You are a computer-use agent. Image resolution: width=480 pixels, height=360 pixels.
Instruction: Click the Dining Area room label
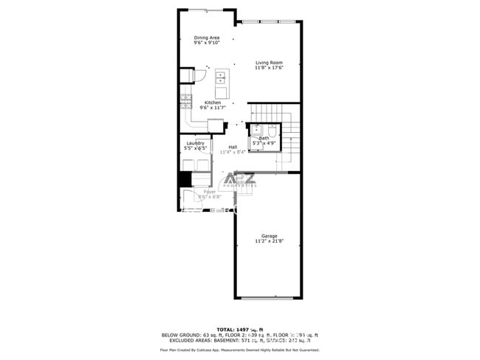[207, 38]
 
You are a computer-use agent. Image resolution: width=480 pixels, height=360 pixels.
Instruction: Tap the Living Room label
[269, 63]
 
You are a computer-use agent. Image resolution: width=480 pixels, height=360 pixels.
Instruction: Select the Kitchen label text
[213, 103]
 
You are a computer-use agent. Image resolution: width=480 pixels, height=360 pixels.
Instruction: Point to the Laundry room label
[195, 143]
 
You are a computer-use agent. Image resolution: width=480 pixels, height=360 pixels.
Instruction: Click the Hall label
[233, 147]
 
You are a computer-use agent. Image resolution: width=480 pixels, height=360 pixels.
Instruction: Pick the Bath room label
[264, 138]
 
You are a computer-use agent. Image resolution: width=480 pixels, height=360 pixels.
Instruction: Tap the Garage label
[269, 236]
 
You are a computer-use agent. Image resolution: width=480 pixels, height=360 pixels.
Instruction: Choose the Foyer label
[210, 192]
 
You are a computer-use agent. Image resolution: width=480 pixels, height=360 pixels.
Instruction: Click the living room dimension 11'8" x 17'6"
[269, 69]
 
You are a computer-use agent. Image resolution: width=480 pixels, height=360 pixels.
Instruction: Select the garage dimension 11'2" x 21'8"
[269, 241]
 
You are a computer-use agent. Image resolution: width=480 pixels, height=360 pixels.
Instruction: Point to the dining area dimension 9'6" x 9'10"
[207, 43]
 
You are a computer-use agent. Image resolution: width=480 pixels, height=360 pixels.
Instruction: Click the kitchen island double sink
[222, 78]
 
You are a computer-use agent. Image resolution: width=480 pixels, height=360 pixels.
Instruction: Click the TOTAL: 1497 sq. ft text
[240, 329]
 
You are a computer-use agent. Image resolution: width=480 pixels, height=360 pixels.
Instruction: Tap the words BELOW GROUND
[181, 334]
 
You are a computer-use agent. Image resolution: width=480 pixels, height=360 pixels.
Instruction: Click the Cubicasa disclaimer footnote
[240, 349]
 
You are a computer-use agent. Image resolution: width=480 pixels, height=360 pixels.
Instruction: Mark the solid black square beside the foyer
[184, 179]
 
